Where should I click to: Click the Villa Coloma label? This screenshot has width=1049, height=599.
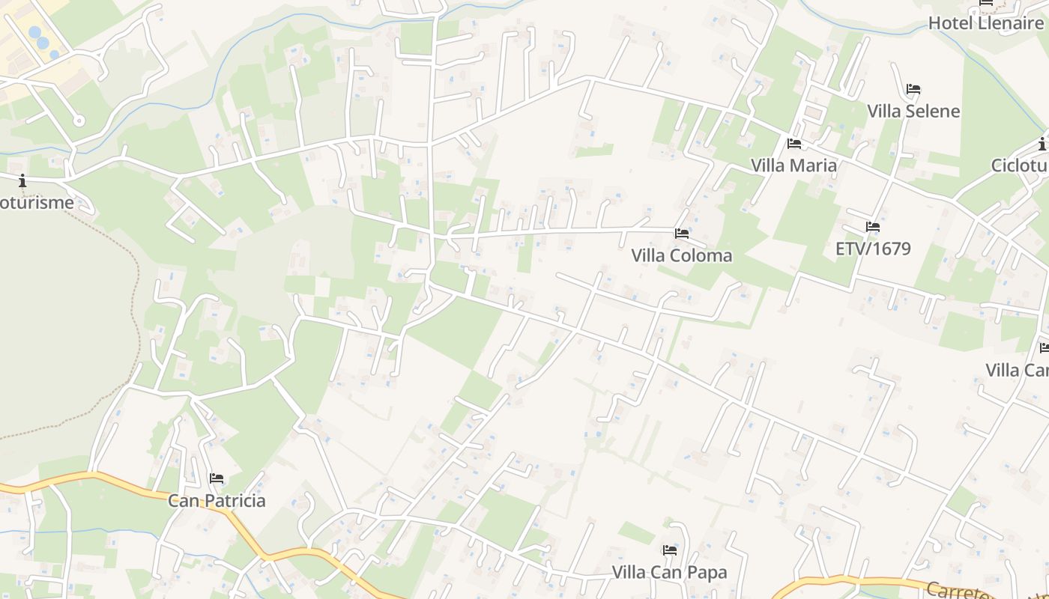tap(681, 255)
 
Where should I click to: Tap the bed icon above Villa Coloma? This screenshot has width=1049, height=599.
tap(681, 234)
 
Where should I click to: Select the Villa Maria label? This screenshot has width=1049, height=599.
tap(793, 165)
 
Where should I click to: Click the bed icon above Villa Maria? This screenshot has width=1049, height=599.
tap(794, 143)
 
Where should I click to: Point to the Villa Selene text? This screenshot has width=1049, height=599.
tap(913, 111)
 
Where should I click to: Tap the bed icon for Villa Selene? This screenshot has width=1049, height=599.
tap(913, 89)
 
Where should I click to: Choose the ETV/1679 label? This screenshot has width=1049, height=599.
tap(873, 249)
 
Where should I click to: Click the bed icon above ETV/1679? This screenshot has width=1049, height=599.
tap(872, 226)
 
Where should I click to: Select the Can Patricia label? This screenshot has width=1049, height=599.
tap(217, 500)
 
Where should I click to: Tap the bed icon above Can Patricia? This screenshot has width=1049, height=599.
tap(217, 478)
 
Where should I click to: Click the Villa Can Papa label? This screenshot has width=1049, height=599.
tap(669, 573)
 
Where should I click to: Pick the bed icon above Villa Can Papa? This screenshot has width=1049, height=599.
tap(670, 550)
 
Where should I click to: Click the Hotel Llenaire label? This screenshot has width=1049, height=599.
tap(985, 22)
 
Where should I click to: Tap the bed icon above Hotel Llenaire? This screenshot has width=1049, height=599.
tap(986, 4)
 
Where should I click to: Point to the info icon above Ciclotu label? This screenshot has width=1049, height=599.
tap(1042, 144)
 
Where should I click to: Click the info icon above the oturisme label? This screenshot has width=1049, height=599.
tap(22, 180)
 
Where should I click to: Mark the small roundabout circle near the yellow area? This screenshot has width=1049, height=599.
tap(79, 120)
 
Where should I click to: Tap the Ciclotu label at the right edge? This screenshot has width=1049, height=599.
tap(1019, 165)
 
